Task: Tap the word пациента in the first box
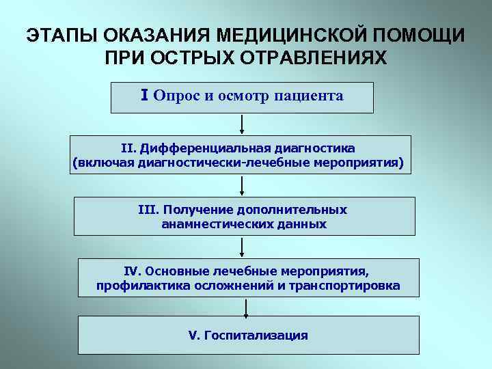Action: coord(308,96)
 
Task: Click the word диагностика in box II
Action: coord(316,148)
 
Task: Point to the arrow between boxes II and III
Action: coord(243,185)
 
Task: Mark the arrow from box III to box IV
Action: coord(244,247)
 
